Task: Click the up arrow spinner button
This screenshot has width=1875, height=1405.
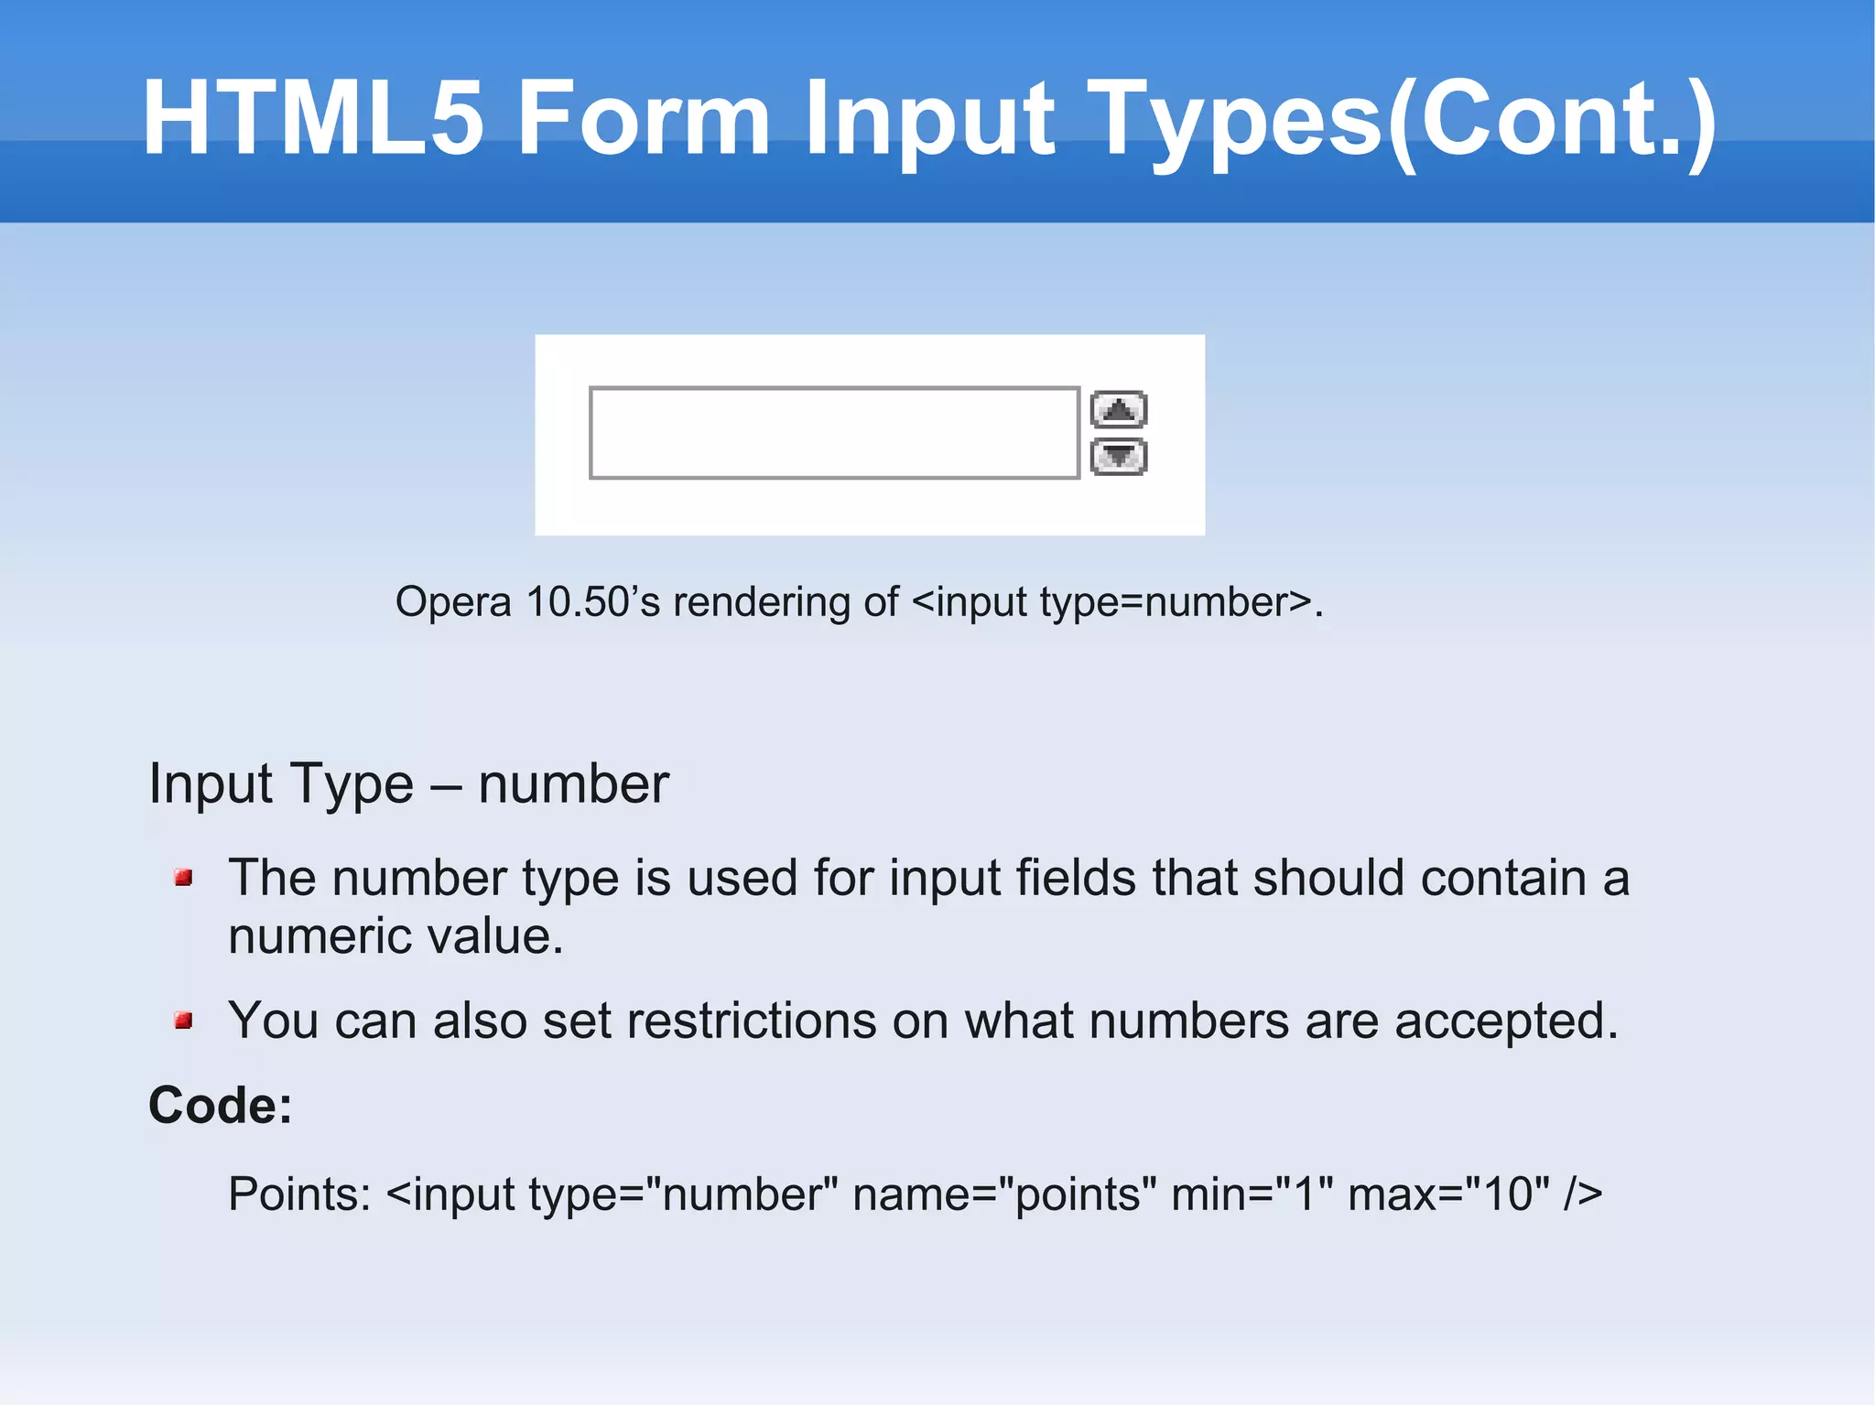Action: coord(1118,409)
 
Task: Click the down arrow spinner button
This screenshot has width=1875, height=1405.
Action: coord(1118,456)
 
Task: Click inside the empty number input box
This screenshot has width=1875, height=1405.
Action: coord(833,433)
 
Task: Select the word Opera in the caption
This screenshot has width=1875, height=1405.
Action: coord(452,602)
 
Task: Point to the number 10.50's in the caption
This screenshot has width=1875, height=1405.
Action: coord(592,602)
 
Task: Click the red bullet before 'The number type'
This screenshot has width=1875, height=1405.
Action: coord(183,878)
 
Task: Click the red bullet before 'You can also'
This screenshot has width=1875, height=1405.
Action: coord(183,1020)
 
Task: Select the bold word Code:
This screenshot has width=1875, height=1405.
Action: coord(221,1105)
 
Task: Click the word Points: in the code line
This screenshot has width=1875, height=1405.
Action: coord(299,1194)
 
